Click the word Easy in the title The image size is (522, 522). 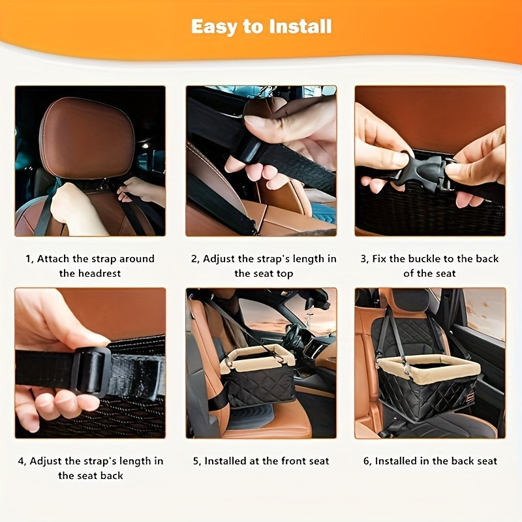pyautogui.click(x=215, y=27)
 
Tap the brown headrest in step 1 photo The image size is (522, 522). pyautogui.click(x=87, y=138)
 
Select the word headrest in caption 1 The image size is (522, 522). pyautogui.click(x=90, y=273)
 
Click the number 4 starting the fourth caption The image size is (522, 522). pyautogui.click(x=22, y=461)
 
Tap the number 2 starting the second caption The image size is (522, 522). pyautogui.click(x=194, y=259)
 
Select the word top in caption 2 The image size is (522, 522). pyautogui.click(x=284, y=273)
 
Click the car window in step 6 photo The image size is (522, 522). pyautogui.click(x=484, y=313)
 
